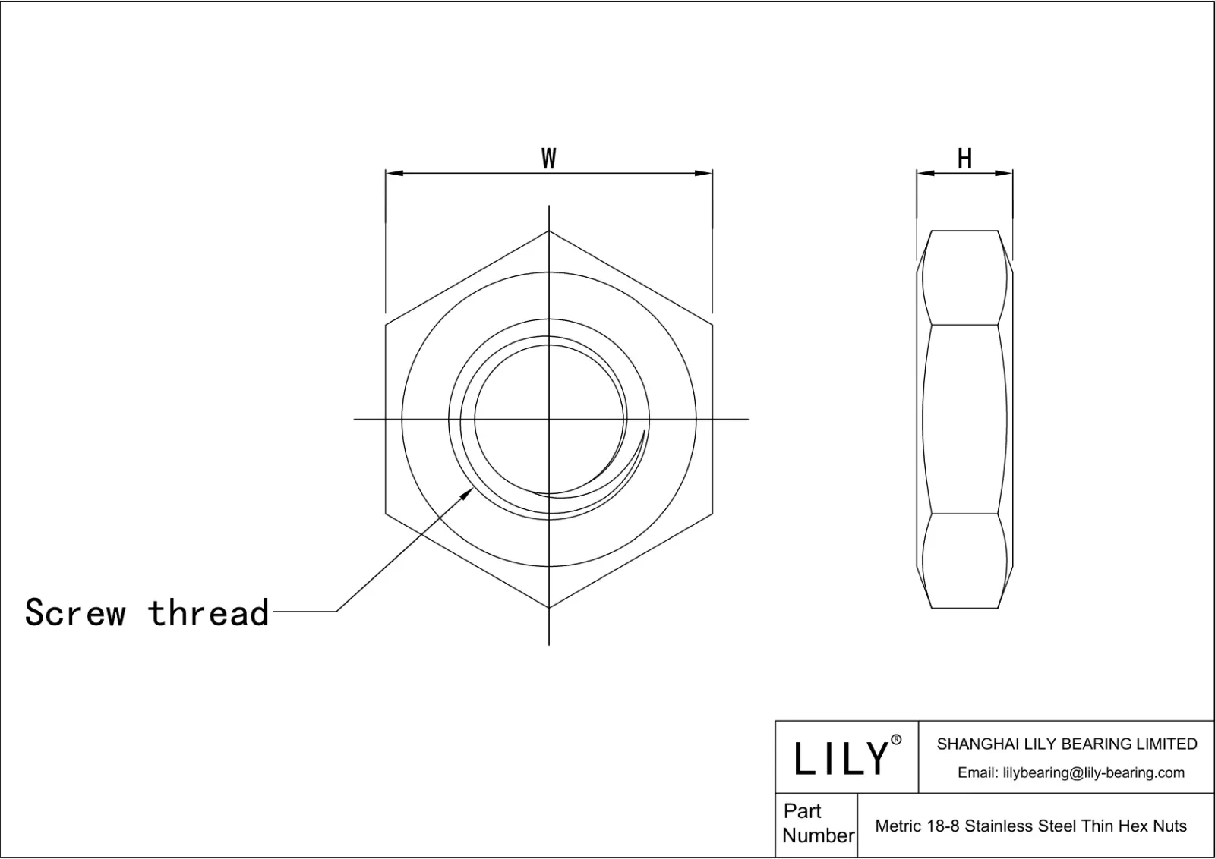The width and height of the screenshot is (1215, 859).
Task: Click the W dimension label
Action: point(548,159)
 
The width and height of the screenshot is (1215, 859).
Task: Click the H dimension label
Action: point(964,159)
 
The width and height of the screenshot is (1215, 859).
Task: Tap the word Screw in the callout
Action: point(75,612)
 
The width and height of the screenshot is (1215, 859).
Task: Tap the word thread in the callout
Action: point(209,612)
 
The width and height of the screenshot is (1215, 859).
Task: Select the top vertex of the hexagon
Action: point(549,231)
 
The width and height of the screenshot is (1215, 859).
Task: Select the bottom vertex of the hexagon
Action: point(549,608)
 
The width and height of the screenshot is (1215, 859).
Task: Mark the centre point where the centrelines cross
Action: point(549,419)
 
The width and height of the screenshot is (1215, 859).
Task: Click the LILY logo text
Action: point(841,758)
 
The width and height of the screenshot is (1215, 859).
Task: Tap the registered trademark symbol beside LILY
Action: point(896,740)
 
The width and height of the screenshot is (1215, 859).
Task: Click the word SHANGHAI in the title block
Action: point(972,744)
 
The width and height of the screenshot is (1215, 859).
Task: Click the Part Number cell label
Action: point(817,823)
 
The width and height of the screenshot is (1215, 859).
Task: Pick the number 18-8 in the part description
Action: point(942,826)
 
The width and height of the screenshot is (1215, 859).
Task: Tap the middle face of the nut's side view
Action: point(964,419)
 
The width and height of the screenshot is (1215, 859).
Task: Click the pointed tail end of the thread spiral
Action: point(644,431)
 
